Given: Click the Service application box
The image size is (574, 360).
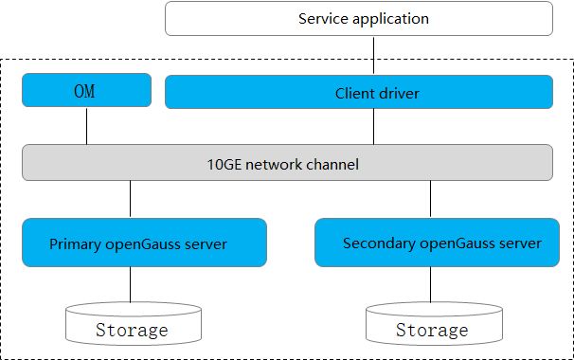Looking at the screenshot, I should tap(359, 19).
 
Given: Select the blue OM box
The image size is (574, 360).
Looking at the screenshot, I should tap(86, 92).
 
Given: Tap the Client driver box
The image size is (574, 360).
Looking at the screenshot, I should tap(359, 93).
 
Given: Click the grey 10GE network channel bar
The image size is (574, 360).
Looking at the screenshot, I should tap(287, 163).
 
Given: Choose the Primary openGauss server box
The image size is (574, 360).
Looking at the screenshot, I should tap(144, 243).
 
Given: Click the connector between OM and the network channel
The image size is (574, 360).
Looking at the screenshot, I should tap(86, 126).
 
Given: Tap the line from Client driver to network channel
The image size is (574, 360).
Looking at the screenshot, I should tap(374, 126).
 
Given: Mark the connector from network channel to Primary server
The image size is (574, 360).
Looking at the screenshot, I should tap(131, 200).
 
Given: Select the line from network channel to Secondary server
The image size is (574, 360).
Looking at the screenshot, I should tap(431, 200).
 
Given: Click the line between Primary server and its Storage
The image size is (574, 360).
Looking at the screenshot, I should tap(132, 285).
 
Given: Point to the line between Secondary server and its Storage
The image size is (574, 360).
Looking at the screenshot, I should tap(432, 285).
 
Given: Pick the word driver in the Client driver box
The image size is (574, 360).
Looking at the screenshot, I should tap(399, 94).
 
